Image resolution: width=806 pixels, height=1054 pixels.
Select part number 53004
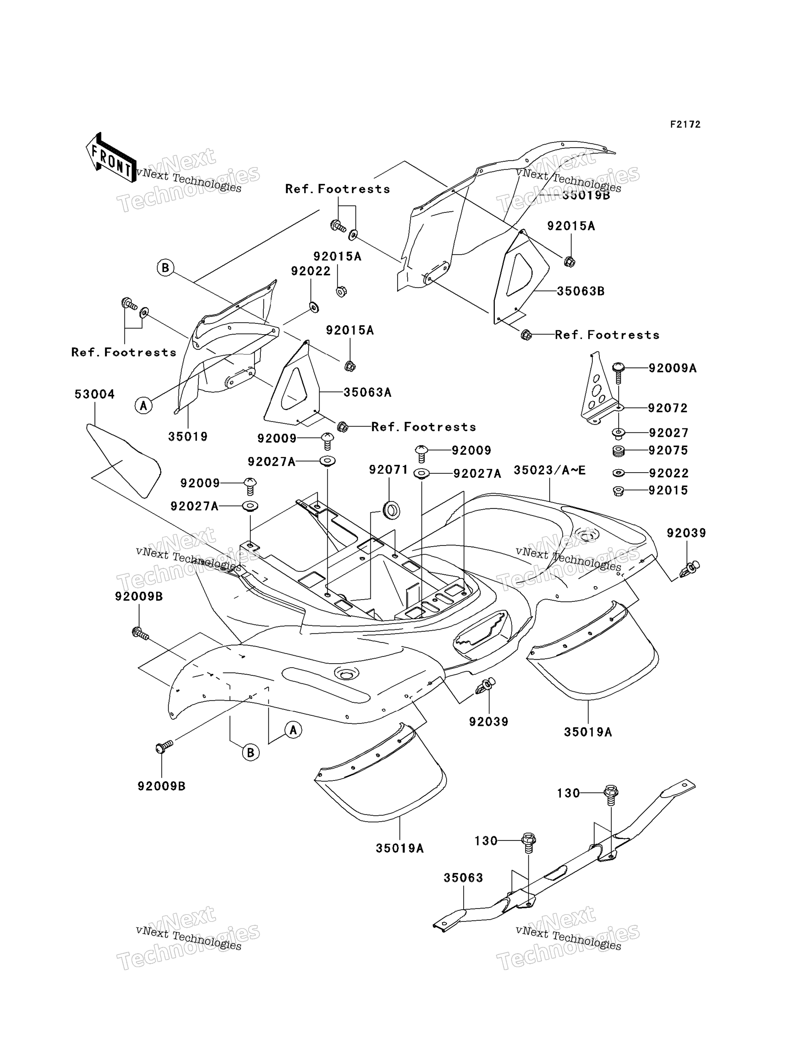pyautogui.click(x=95, y=394)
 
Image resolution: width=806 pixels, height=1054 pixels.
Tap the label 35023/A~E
pyautogui.click(x=550, y=470)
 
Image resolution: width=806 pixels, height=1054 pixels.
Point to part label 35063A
pyautogui.click(x=367, y=392)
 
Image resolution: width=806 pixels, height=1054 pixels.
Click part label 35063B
pyautogui.click(x=581, y=291)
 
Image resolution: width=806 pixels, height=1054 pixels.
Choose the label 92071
pyautogui.click(x=388, y=470)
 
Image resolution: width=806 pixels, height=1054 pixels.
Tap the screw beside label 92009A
pyautogui.click(x=618, y=373)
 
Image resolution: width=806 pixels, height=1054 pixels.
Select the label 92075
pyautogui.click(x=668, y=450)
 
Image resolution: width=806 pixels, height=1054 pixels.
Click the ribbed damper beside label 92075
pyautogui.click(x=619, y=451)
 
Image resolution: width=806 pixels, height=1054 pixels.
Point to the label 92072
pyautogui.click(x=668, y=408)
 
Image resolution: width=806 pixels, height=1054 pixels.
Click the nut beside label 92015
pyautogui.click(x=619, y=491)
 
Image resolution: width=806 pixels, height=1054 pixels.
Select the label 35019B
pyautogui.click(x=586, y=195)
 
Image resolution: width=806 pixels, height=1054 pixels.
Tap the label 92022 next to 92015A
pyautogui.click(x=311, y=271)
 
